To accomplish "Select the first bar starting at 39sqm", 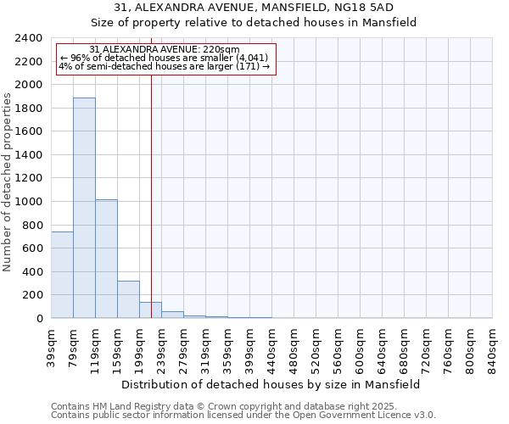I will tap(62, 275).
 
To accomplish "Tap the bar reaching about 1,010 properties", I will tap(106, 259).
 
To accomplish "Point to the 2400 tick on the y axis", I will tap(31, 38).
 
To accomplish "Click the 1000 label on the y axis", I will tap(31, 202).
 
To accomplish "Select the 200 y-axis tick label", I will tap(34, 295).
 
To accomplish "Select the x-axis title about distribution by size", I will tap(271, 384).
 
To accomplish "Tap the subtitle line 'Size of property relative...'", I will tap(254, 23).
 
